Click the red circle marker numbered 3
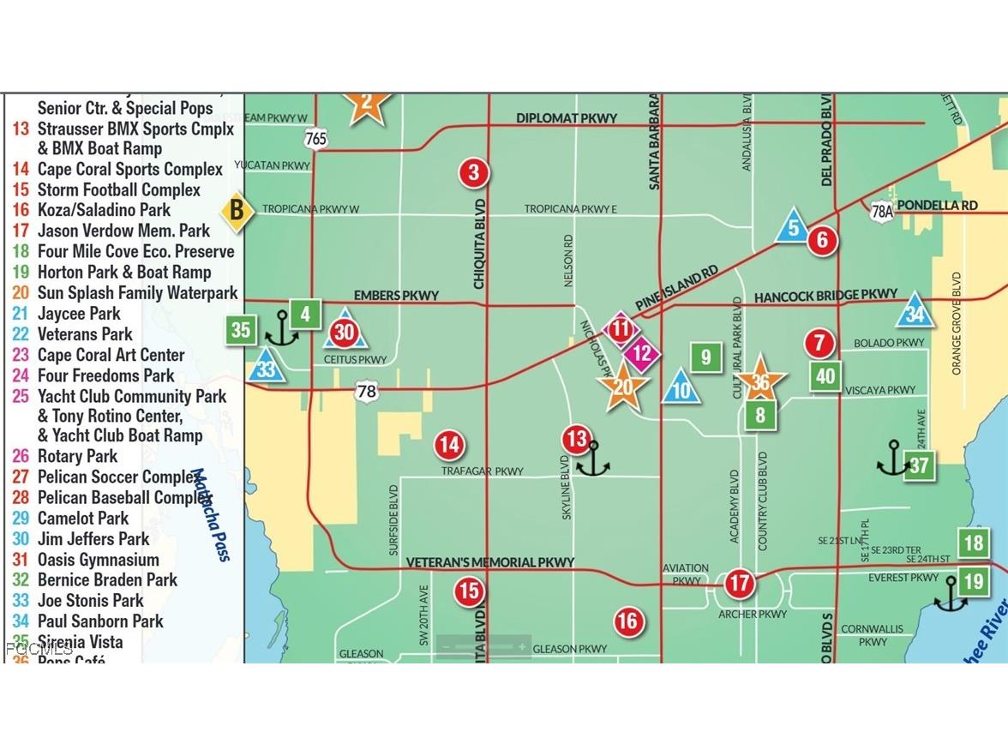(473, 173)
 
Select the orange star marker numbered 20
(623, 387)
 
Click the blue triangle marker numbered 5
(794, 227)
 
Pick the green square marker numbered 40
(825, 376)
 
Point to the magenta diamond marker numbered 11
(621, 329)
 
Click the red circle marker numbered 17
(739, 585)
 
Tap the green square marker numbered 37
(919, 465)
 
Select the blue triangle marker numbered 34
(915, 314)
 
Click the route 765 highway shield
(315, 137)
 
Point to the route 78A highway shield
(882, 211)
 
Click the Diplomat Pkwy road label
(566, 117)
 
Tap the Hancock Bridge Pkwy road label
(825, 297)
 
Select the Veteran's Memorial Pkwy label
(489, 562)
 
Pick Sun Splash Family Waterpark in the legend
(137, 293)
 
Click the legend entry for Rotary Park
(77, 456)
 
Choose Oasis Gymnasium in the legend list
(98, 560)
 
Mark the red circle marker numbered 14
(449, 444)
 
